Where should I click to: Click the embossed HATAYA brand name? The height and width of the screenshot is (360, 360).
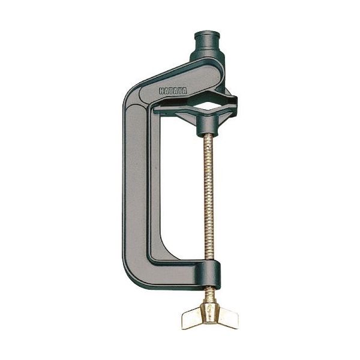tap(173, 91)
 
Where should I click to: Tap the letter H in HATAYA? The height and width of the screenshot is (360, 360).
tap(161, 91)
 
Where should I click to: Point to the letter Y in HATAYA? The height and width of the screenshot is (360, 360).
tap(180, 91)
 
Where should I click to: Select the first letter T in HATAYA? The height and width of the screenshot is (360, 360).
tap(170, 91)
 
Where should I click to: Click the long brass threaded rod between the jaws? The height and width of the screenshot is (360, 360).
tap(209, 197)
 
